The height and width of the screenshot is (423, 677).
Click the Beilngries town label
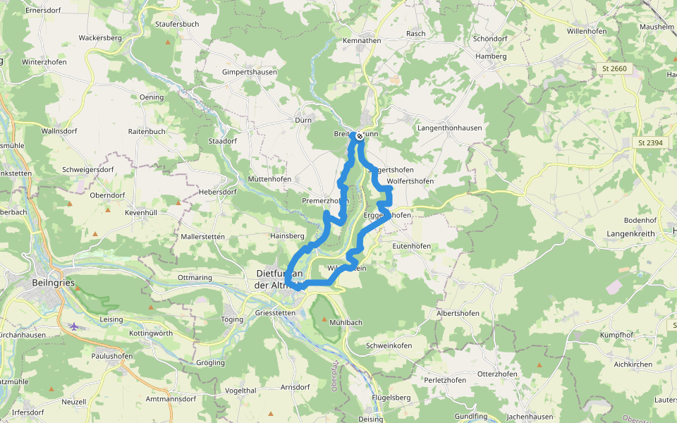[53, 282]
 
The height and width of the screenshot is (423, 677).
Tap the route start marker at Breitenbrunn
[360, 136]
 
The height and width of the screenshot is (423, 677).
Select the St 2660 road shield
[614, 68]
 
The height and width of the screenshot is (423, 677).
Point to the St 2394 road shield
[649, 142]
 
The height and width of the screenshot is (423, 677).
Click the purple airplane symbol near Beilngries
[75, 326]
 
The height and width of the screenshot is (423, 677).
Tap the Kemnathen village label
[361, 41]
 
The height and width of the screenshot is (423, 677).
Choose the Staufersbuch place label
[176, 24]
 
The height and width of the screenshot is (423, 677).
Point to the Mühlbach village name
[346, 322]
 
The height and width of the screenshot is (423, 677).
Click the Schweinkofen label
[389, 345]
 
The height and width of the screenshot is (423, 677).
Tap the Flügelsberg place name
[390, 398]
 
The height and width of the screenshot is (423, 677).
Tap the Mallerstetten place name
[202, 237]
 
